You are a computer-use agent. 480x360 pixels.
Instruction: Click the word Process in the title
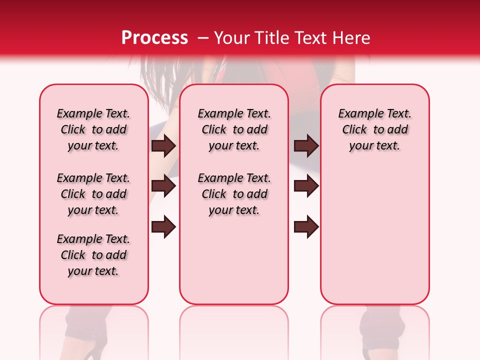point(154,38)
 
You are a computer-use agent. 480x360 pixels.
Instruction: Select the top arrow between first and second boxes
point(163,146)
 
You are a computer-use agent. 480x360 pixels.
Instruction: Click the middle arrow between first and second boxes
point(163,186)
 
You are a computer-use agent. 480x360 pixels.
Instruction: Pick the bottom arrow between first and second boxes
point(163,227)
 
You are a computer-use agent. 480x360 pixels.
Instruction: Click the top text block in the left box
point(93,130)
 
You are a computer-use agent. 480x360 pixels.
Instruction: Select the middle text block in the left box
point(93,194)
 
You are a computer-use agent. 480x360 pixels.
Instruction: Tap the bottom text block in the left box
point(93,255)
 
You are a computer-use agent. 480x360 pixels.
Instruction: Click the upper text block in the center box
point(234,130)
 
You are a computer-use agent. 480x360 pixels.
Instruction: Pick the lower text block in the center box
point(234,194)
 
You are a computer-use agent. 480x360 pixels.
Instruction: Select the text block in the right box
point(374,130)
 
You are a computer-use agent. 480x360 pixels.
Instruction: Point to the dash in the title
point(203,38)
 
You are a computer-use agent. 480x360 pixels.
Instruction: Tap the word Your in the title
point(232,38)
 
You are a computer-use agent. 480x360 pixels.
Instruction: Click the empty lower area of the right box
point(374,240)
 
